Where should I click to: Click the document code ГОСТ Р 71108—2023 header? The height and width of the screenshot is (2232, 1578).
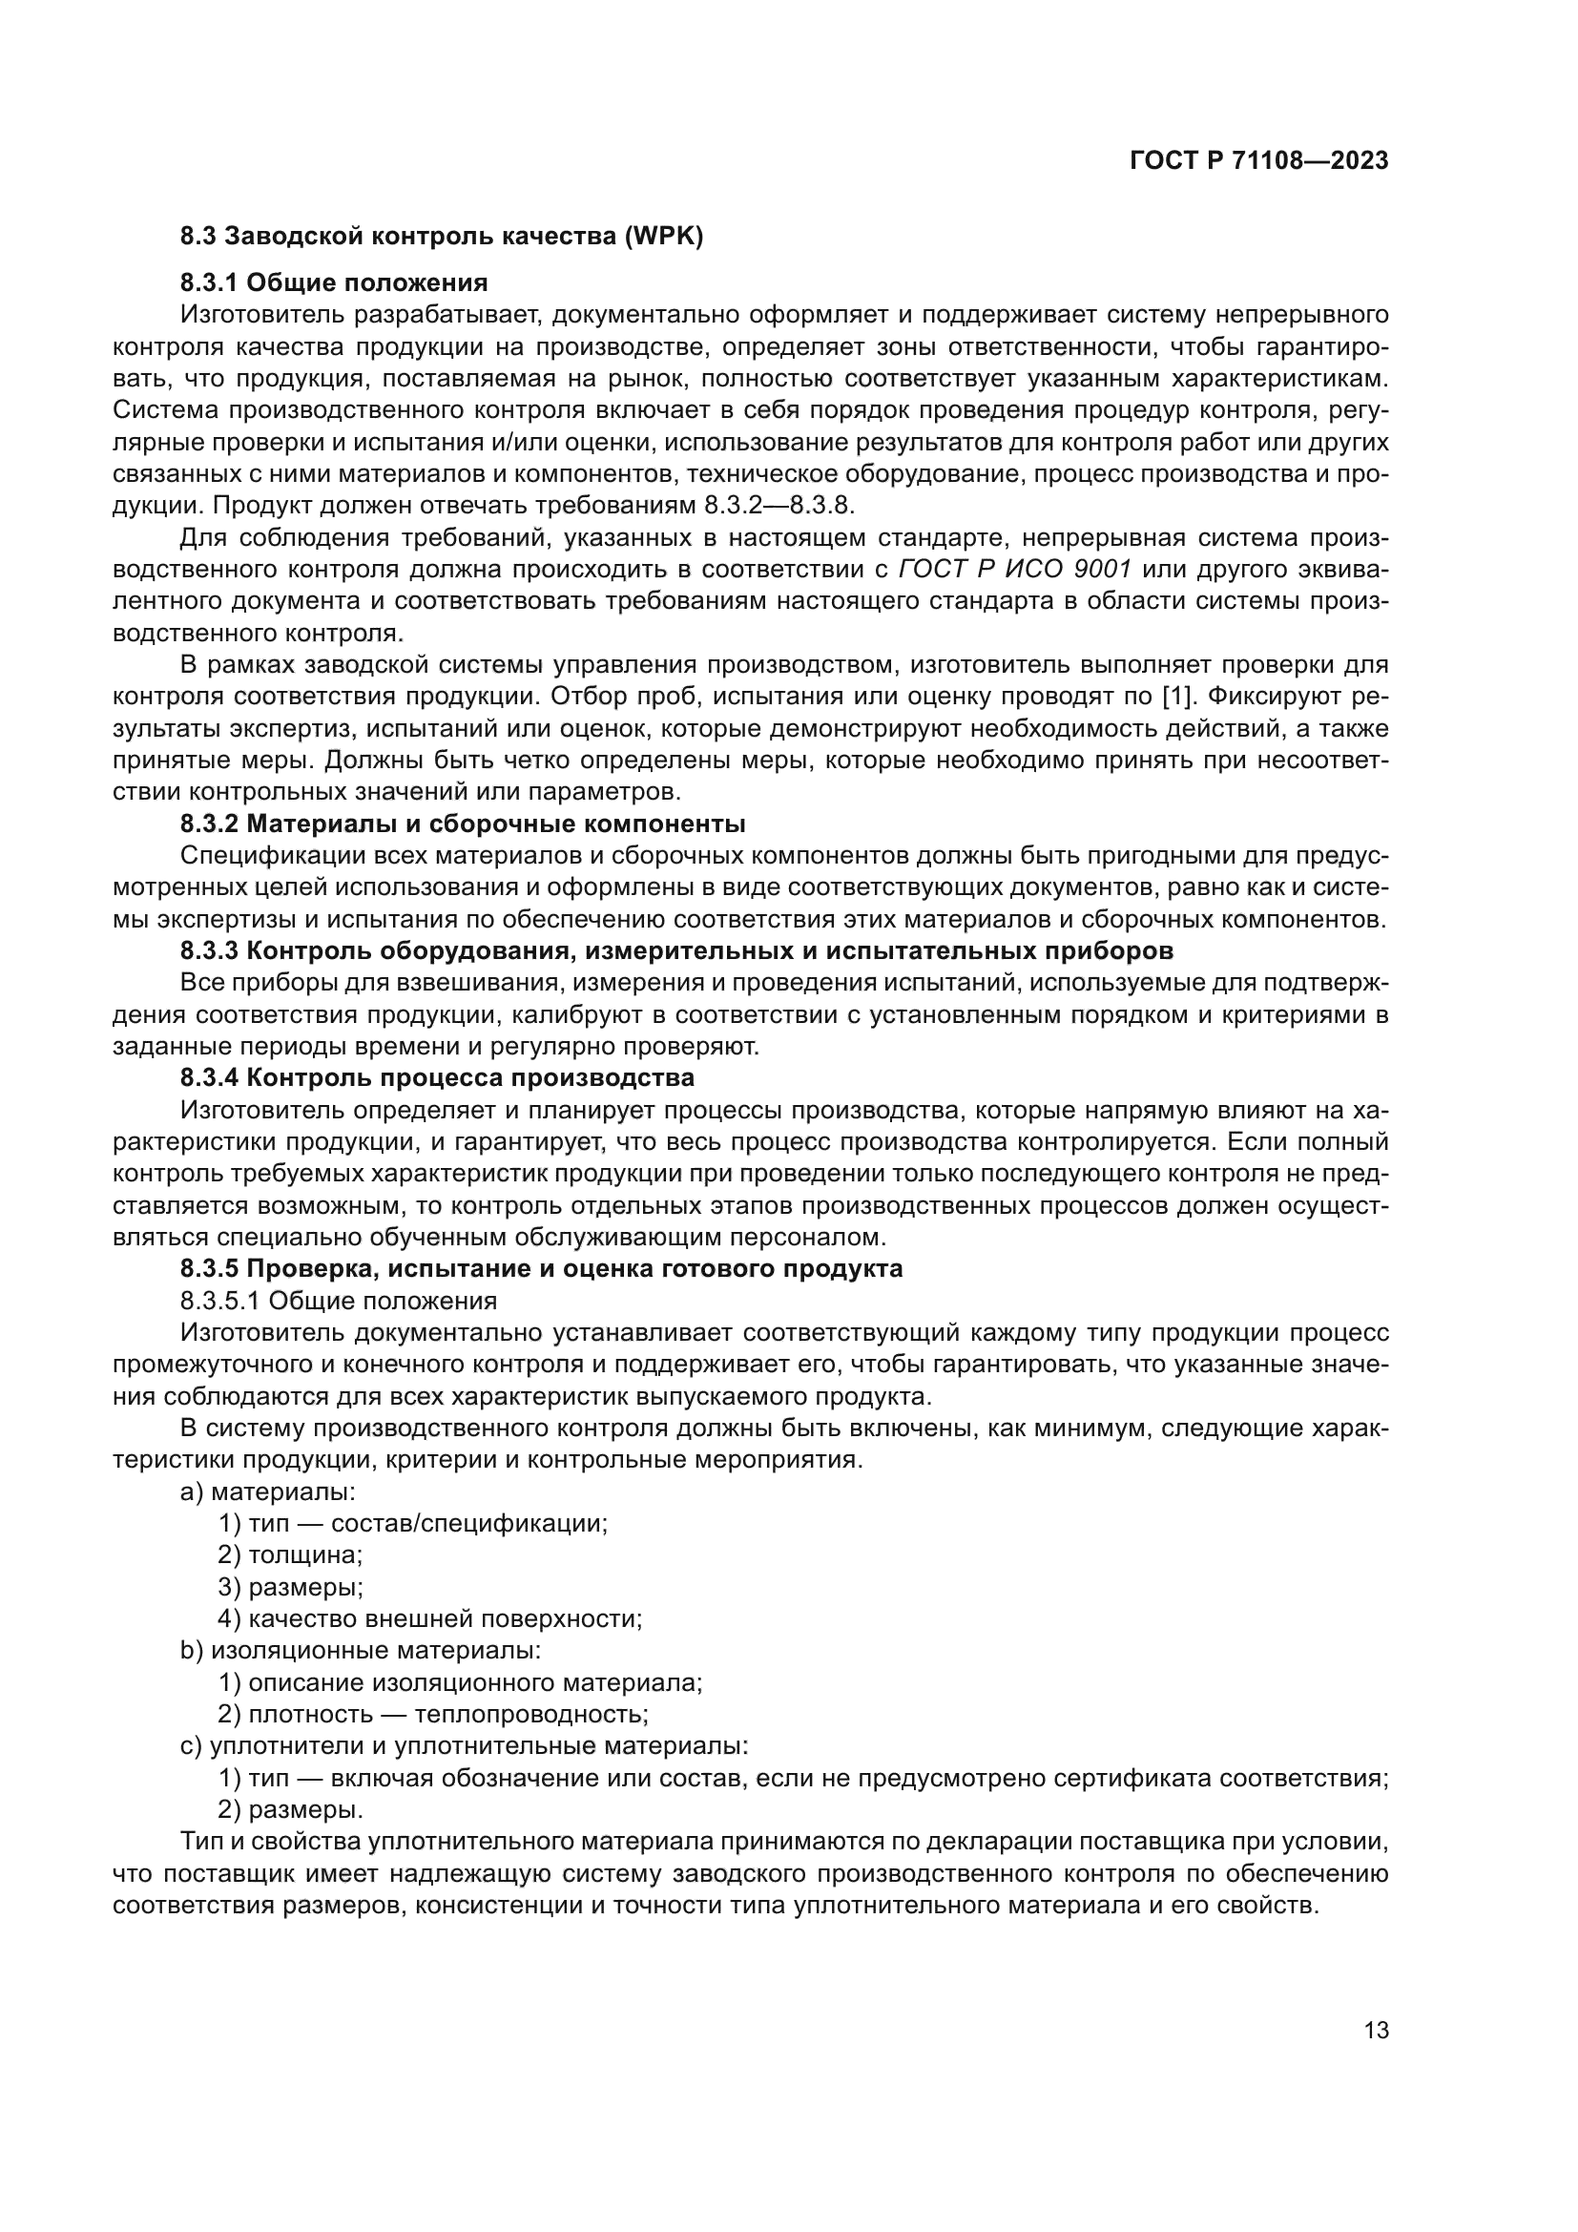[1258, 161]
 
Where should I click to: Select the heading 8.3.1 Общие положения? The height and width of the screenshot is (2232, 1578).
[333, 282]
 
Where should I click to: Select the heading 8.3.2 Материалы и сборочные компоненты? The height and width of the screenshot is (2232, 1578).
[463, 824]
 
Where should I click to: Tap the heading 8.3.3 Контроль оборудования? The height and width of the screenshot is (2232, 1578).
[676, 949]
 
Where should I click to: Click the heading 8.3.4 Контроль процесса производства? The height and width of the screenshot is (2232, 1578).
[437, 1077]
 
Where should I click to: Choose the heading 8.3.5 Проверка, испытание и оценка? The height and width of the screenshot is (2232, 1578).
[541, 1268]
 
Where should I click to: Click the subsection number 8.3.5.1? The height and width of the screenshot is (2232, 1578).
[219, 1301]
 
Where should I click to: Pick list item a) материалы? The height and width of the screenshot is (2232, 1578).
[268, 1491]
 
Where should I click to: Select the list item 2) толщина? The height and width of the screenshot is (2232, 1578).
[290, 1554]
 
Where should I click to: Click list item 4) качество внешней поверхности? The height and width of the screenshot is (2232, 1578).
[430, 1618]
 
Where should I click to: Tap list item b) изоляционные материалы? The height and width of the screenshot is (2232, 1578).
[361, 1651]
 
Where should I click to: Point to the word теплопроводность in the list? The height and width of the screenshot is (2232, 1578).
[530, 1714]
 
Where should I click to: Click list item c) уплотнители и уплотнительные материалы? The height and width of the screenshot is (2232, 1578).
[465, 1746]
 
